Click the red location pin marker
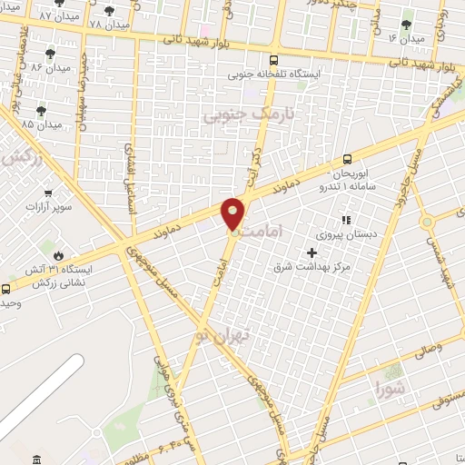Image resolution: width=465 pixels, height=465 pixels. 234,213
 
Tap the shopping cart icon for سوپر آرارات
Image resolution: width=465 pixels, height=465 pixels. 48,193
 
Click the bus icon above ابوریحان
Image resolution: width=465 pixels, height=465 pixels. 348,158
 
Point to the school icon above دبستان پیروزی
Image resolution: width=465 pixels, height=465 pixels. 345,220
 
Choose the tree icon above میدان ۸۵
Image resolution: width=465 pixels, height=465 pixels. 41,110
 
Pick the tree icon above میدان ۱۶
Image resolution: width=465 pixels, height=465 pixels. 405,25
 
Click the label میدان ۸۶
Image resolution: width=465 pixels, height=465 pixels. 50,67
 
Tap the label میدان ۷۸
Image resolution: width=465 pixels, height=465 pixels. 108,23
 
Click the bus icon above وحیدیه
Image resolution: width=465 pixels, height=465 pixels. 6,289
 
